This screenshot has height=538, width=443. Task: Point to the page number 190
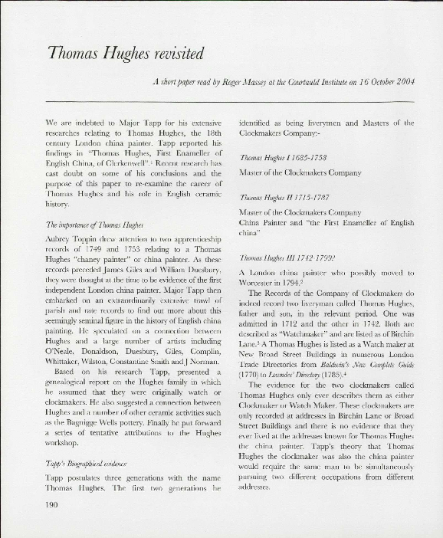point(53,504)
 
